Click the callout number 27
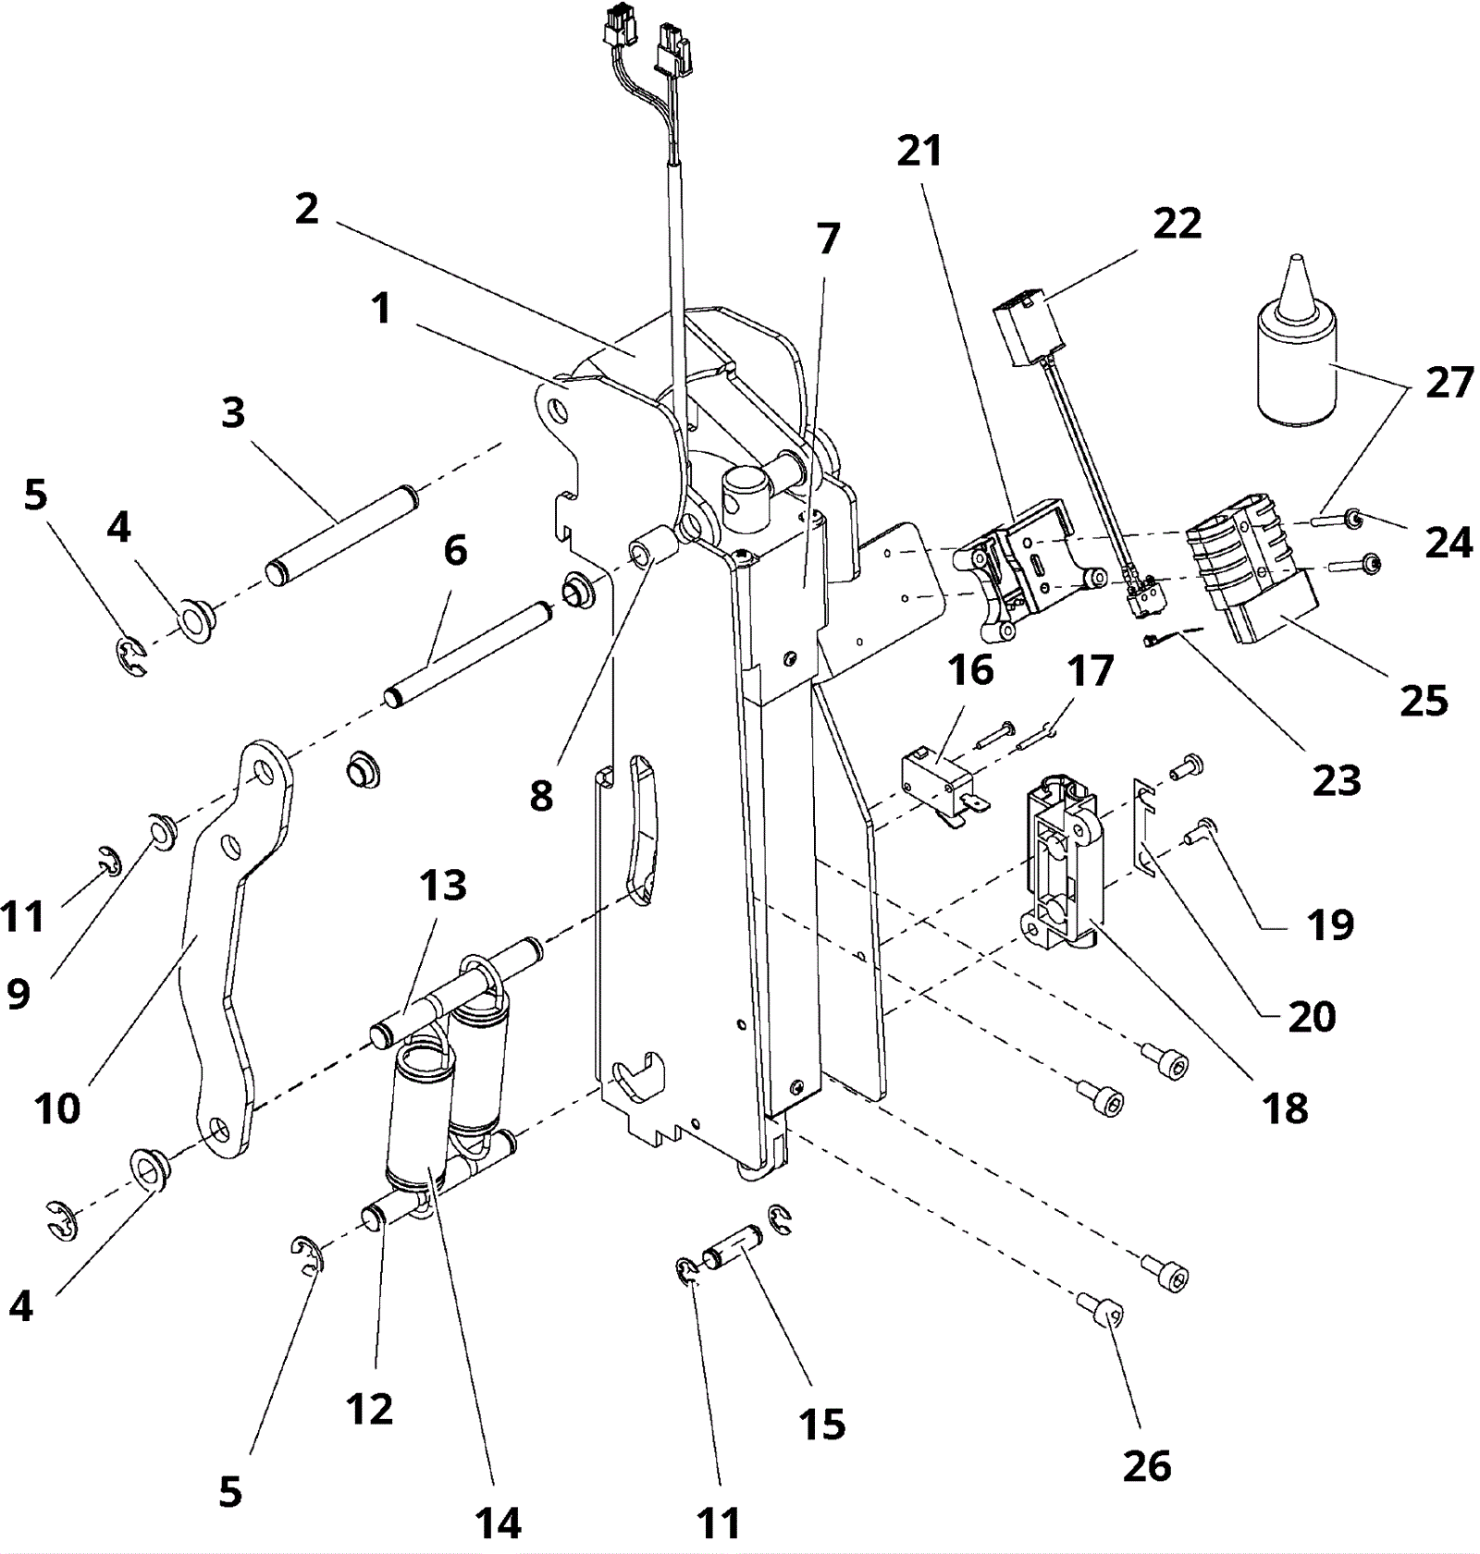(1449, 383)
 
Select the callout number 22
(1177, 224)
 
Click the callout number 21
(919, 151)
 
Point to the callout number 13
(443, 886)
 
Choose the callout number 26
(1147, 1466)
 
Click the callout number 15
(822, 1425)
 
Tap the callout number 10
(57, 1107)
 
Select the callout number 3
(233, 412)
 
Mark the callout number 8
(541, 795)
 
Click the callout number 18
(1286, 1107)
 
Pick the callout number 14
(498, 1523)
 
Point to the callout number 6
(455, 550)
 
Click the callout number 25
(1424, 702)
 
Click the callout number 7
(828, 239)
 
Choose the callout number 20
(1312, 1017)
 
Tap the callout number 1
(381, 308)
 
